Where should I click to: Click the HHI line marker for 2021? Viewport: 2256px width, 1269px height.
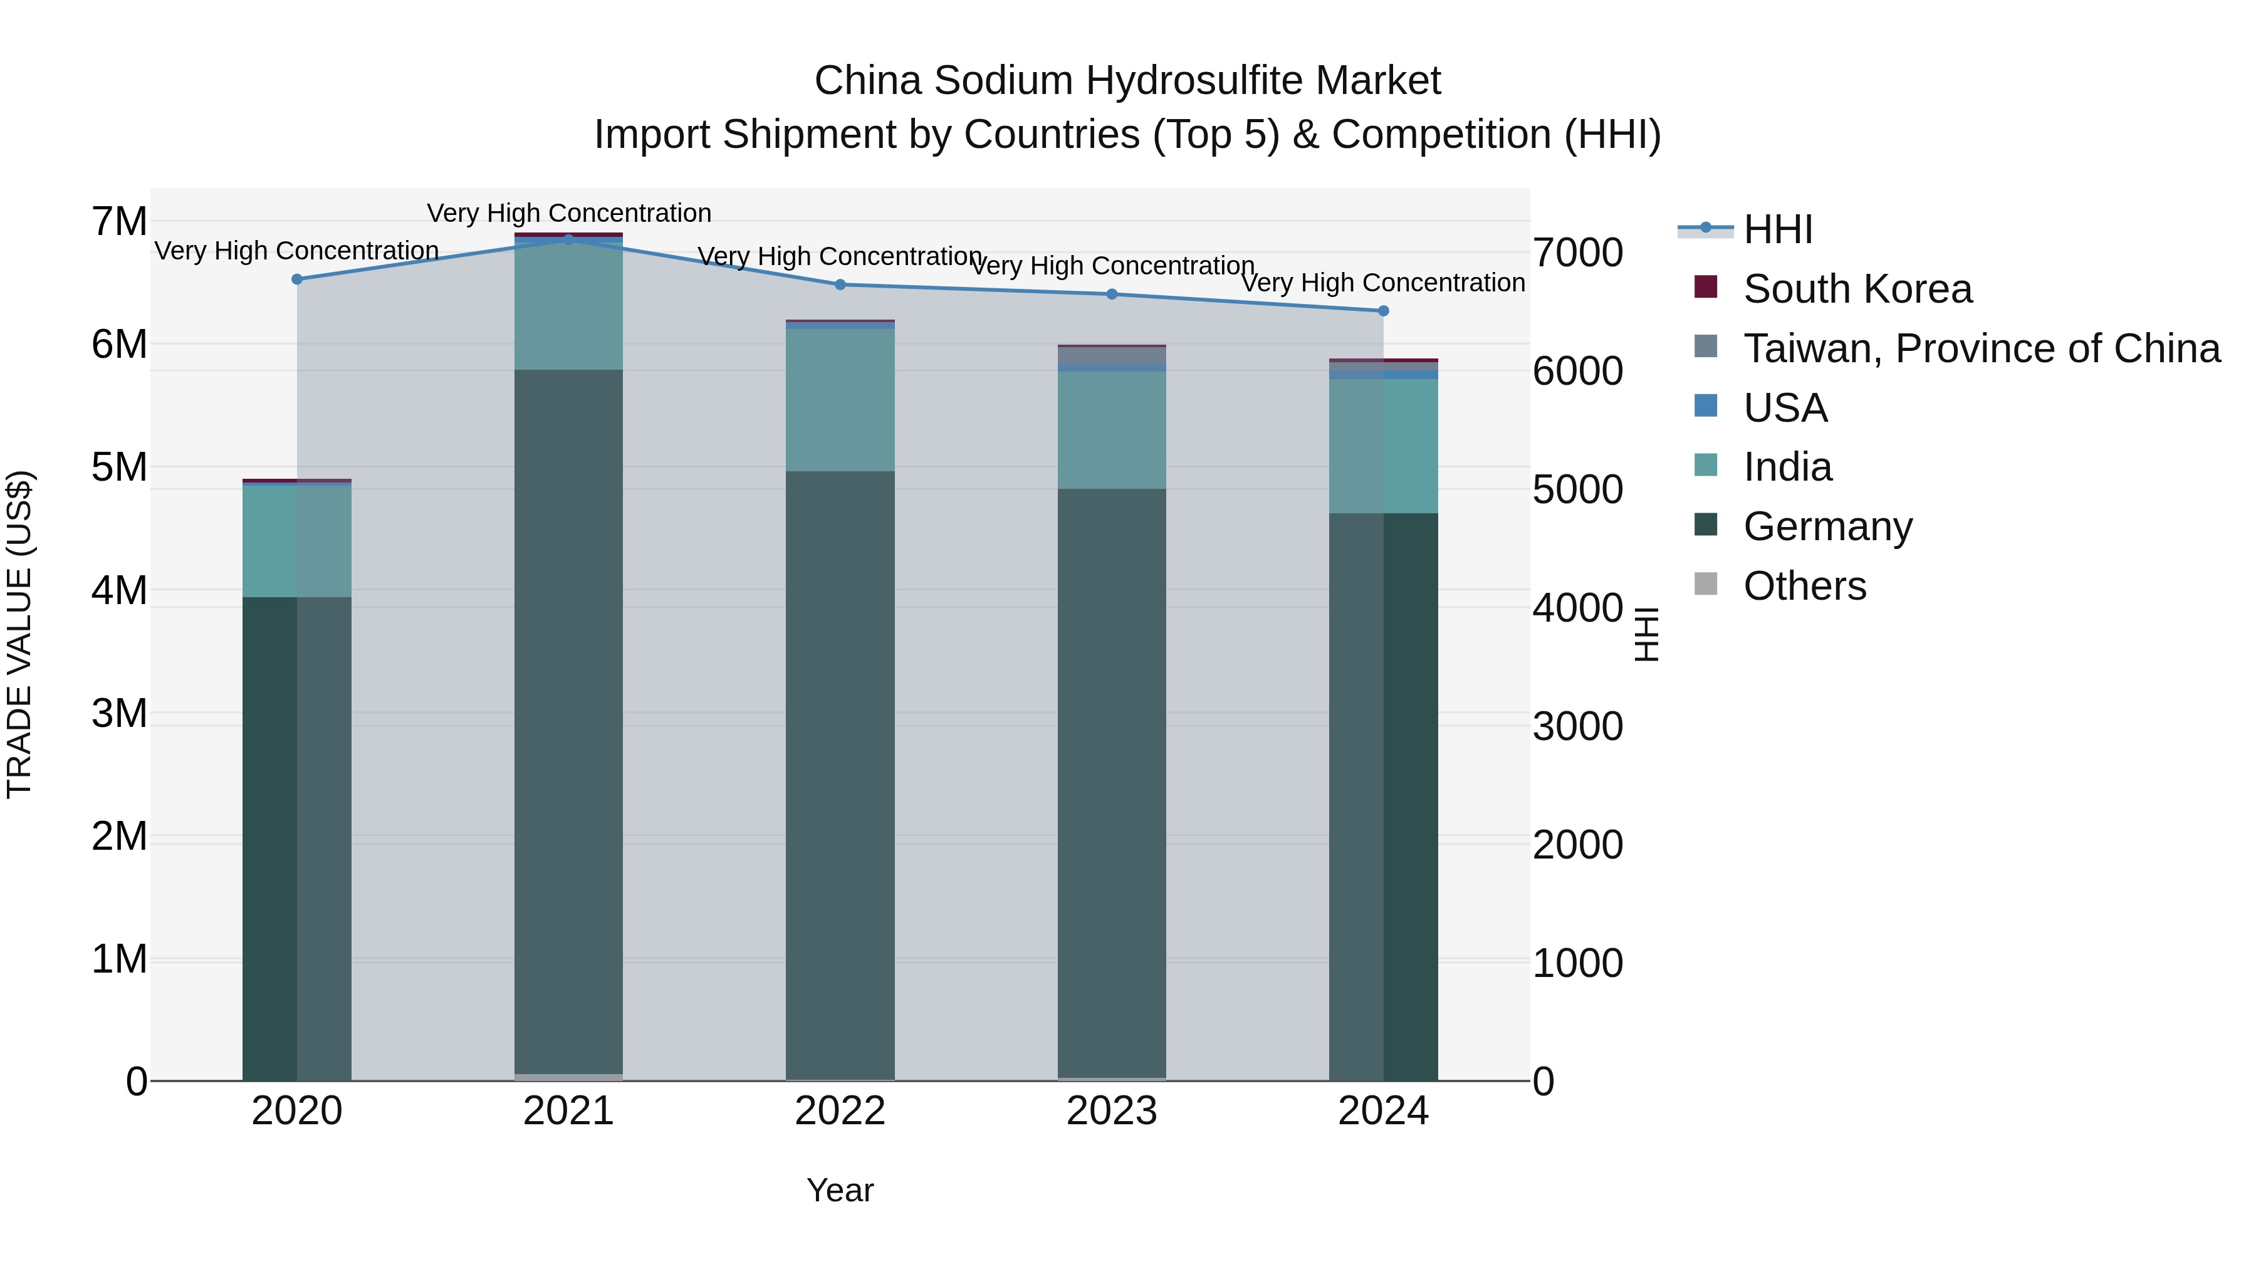coord(568,239)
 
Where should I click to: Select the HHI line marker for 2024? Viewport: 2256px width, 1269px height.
coord(1384,311)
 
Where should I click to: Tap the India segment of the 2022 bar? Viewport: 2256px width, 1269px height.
coord(840,400)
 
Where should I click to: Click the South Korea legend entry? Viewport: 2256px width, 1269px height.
coord(1857,289)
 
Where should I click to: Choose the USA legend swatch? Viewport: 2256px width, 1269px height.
coord(1706,406)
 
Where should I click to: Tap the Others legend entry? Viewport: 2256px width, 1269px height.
coord(1804,586)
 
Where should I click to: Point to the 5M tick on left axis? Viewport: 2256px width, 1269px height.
coord(119,467)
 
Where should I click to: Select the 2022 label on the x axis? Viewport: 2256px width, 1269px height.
coord(840,1111)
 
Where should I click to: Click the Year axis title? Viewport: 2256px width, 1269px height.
coord(840,1190)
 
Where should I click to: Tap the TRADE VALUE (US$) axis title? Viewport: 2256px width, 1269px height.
coord(19,634)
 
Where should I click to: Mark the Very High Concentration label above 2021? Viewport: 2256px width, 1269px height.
coord(569,213)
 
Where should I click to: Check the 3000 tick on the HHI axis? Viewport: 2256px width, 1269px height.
coord(1577,726)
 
